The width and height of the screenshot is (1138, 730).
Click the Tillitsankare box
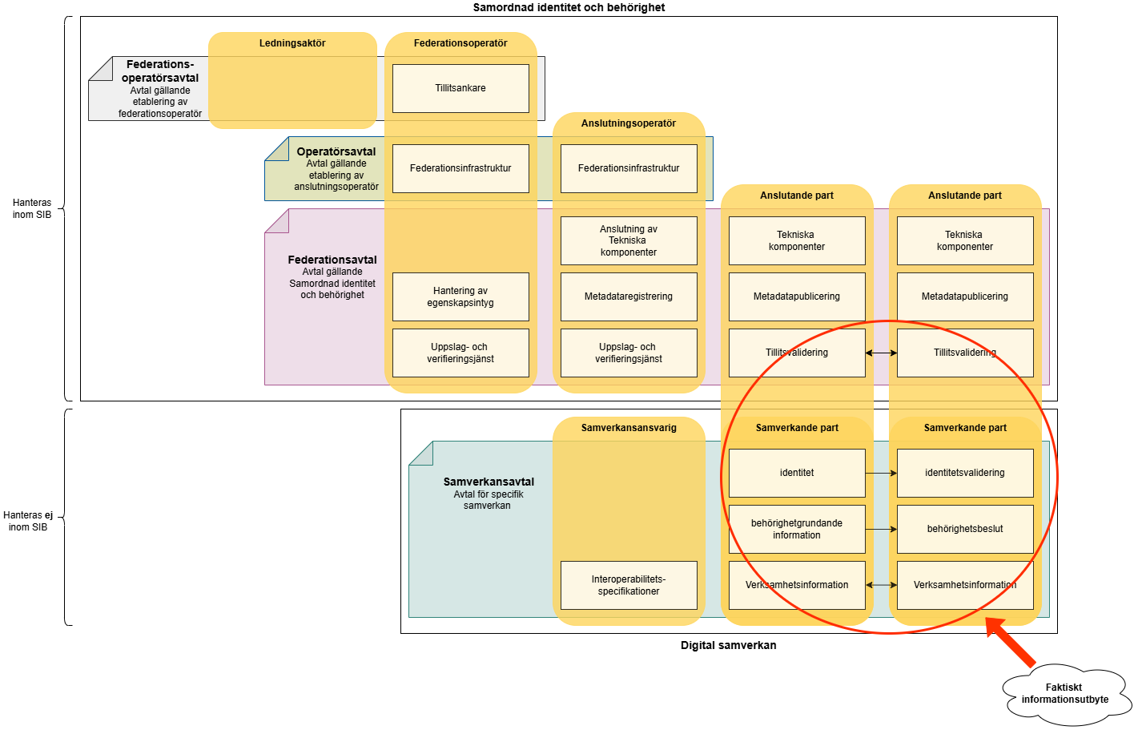click(x=460, y=88)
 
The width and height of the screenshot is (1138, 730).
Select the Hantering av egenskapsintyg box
click(x=460, y=296)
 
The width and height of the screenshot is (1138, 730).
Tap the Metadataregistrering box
click(x=629, y=296)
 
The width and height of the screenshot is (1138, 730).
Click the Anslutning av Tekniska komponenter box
click(x=629, y=240)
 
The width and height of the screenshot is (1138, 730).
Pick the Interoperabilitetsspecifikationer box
click(x=629, y=585)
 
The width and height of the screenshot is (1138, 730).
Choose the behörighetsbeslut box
click(x=965, y=529)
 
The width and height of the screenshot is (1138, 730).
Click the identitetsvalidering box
click(x=965, y=473)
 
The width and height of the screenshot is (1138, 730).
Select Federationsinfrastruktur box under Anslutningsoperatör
click(x=629, y=168)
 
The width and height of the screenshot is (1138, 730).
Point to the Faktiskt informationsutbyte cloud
click(x=1065, y=694)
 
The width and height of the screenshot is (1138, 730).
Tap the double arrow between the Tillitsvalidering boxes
click(x=881, y=353)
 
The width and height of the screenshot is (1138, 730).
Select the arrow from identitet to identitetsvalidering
click(x=881, y=473)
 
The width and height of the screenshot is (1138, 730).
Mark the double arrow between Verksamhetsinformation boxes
click(x=881, y=585)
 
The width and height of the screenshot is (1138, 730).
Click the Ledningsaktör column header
click(x=292, y=43)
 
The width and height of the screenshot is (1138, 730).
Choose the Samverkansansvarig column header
click(x=629, y=428)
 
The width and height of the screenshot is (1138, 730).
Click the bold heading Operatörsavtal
click(x=336, y=151)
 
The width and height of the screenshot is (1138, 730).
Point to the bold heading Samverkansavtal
click(x=489, y=482)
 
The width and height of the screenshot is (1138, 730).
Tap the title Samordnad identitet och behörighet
click(x=569, y=7)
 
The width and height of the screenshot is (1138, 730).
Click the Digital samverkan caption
click(x=728, y=645)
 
